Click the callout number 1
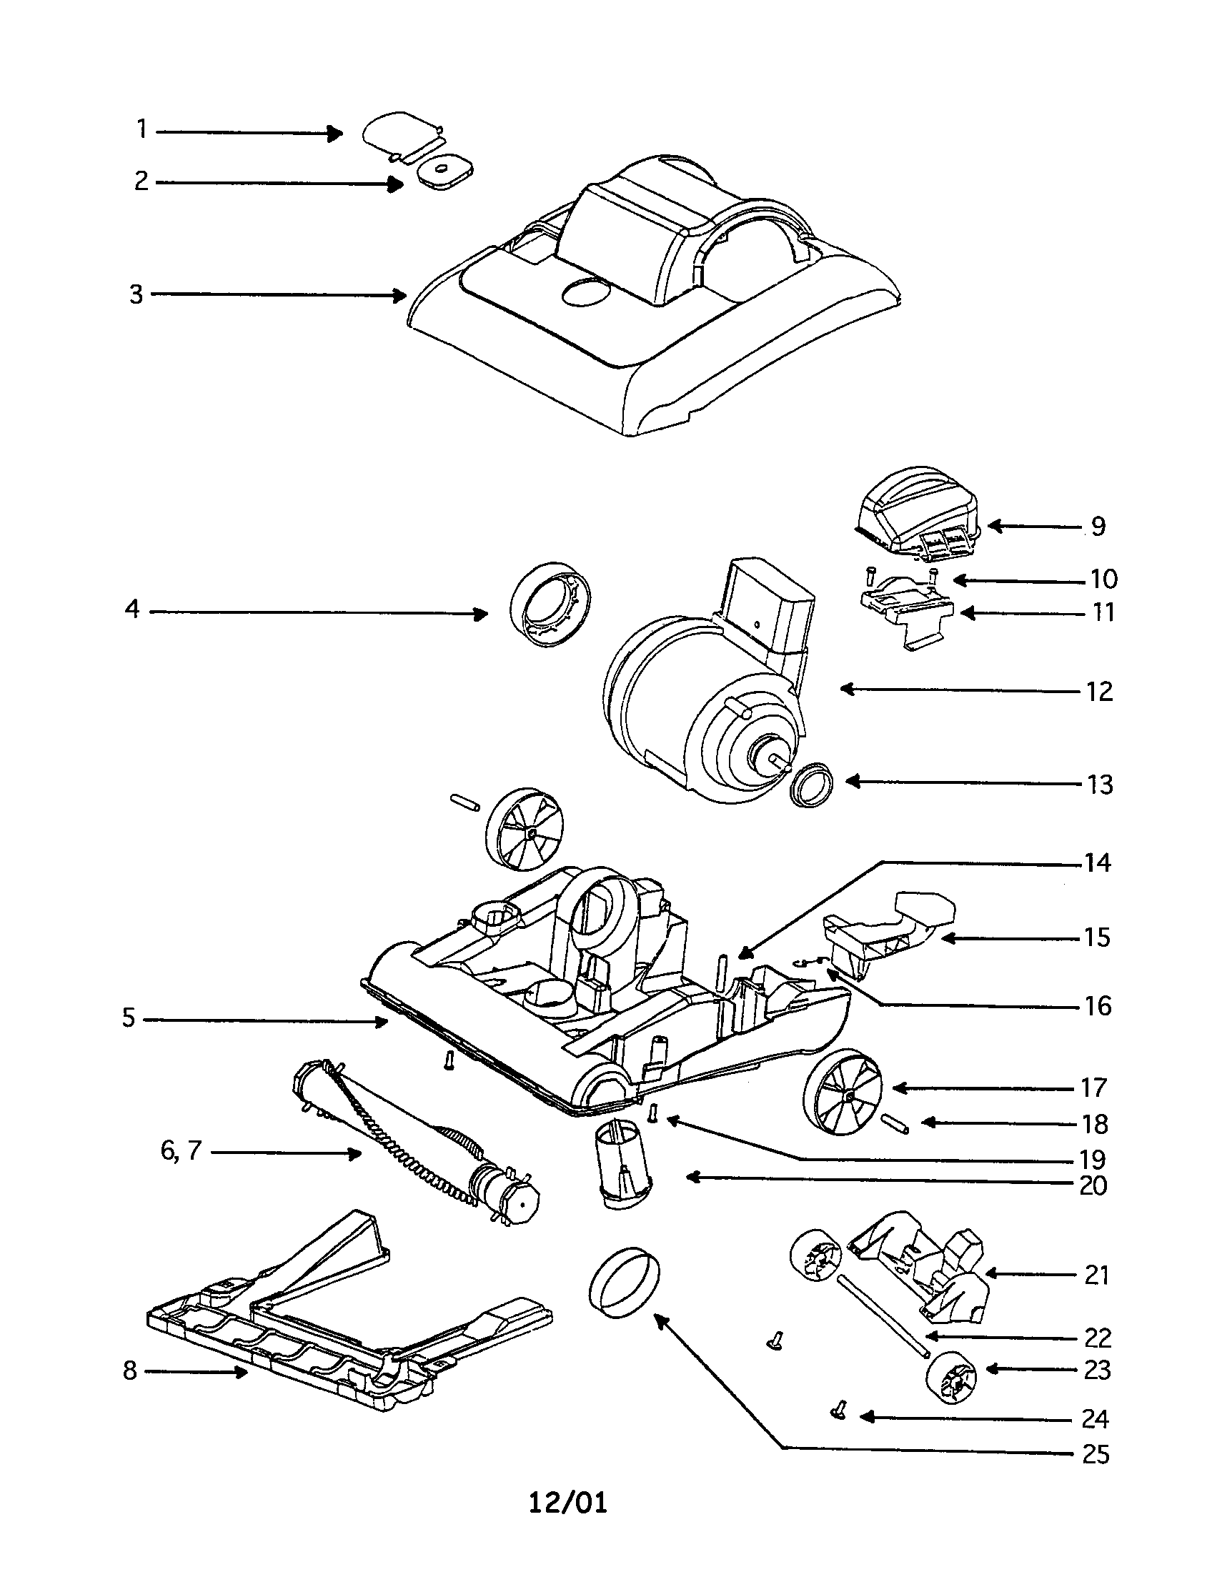pyautogui.click(x=141, y=129)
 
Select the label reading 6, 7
pyautogui.click(x=181, y=1151)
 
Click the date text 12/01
pyautogui.click(x=568, y=1523)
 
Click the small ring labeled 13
pyautogui.click(x=811, y=786)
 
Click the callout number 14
pyautogui.click(x=1098, y=862)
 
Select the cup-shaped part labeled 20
pyautogui.click(x=622, y=1168)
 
